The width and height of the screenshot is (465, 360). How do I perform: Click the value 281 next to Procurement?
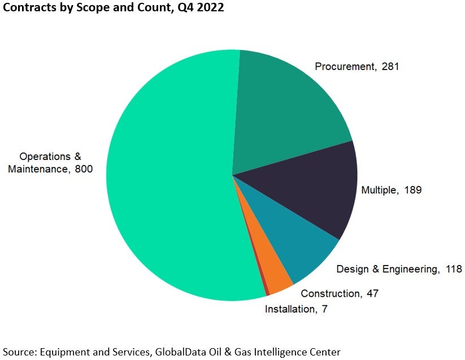pyautogui.click(x=390, y=67)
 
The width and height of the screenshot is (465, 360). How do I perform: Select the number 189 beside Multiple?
pyautogui.click(x=412, y=190)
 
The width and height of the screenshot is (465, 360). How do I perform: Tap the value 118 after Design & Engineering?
pyautogui.click(x=454, y=269)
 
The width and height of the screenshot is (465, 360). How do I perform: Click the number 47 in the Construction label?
pyautogui.click(x=372, y=293)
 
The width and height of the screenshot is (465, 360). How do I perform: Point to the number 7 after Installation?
pyautogui.click(x=324, y=309)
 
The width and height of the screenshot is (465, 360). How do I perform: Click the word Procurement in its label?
pyautogui.click(x=344, y=67)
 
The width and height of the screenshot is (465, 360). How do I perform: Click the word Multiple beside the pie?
pyautogui.click(x=378, y=190)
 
